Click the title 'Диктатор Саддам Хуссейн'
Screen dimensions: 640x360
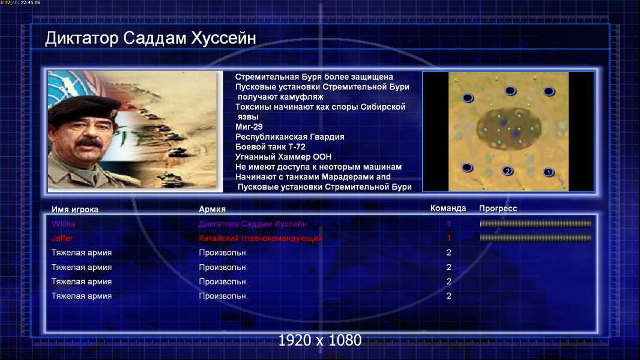[x=150, y=38]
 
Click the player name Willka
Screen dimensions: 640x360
[x=63, y=224]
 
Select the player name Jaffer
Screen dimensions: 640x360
[x=62, y=238]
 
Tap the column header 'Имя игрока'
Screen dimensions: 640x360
[x=74, y=209]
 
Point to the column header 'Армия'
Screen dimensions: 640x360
[x=213, y=209]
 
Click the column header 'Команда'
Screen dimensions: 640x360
[x=448, y=208]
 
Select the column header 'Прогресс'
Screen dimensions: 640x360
[x=498, y=208]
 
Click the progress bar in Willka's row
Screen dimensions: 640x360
[x=536, y=223]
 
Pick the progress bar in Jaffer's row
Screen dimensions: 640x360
[x=536, y=238]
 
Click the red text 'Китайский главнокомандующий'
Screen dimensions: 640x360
[x=261, y=239]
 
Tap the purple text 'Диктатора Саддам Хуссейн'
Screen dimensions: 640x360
[x=253, y=224]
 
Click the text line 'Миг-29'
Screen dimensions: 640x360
[x=249, y=127]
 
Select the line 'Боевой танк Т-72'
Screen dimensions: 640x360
[x=270, y=147]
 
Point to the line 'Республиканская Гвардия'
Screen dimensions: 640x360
[x=290, y=137]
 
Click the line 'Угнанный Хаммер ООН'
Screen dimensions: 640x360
[x=283, y=157]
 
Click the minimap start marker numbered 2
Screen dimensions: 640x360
[x=507, y=171]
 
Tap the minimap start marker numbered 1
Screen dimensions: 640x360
[x=549, y=172]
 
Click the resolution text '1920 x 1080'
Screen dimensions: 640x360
[x=319, y=340]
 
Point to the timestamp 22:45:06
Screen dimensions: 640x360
[x=31, y=2]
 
